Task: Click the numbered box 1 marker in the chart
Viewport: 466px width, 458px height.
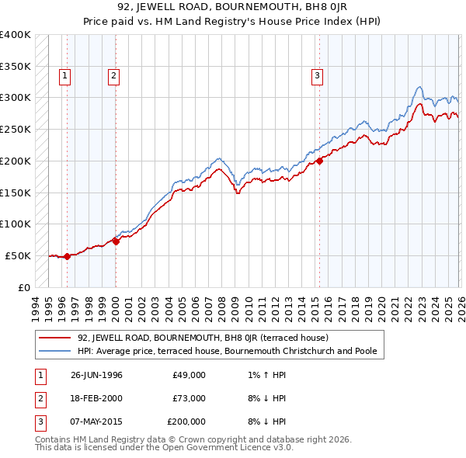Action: pos(64,75)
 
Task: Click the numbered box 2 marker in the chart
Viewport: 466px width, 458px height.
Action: pos(113,75)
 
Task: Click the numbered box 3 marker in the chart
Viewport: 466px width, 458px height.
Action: pos(318,75)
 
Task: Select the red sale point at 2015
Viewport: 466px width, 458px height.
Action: pos(319,161)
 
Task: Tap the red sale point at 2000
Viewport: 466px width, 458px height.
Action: pos(116,241)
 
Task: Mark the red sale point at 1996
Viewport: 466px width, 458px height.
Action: pos(67,255)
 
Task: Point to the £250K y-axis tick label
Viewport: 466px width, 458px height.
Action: pos(15,129)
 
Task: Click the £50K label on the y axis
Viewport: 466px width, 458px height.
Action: pos(18,255)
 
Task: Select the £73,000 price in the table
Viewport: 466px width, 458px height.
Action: pos(189,398)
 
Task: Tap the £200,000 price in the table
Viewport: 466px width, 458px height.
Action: pos(186,422)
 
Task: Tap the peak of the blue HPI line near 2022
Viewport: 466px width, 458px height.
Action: pos(419,86)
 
